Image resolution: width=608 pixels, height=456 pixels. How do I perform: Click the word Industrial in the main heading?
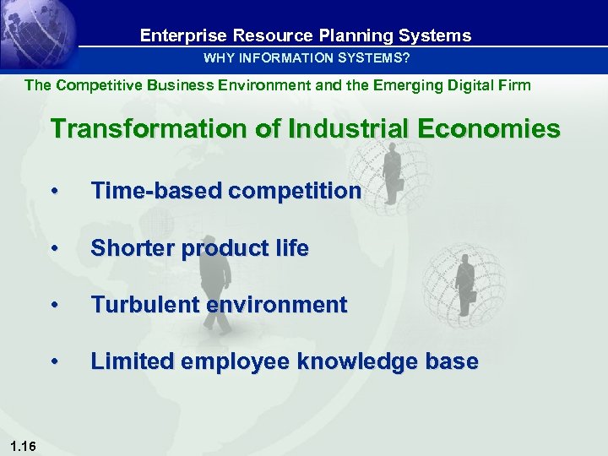tap(332, 129)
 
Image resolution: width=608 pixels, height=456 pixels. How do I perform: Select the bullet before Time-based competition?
tap(54, 192)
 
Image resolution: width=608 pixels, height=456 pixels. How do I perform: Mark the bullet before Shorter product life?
tap(54, 249)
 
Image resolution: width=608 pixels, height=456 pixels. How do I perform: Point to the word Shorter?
tap(132, 249)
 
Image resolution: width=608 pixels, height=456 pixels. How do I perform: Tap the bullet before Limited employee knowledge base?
tap(54, 362)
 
